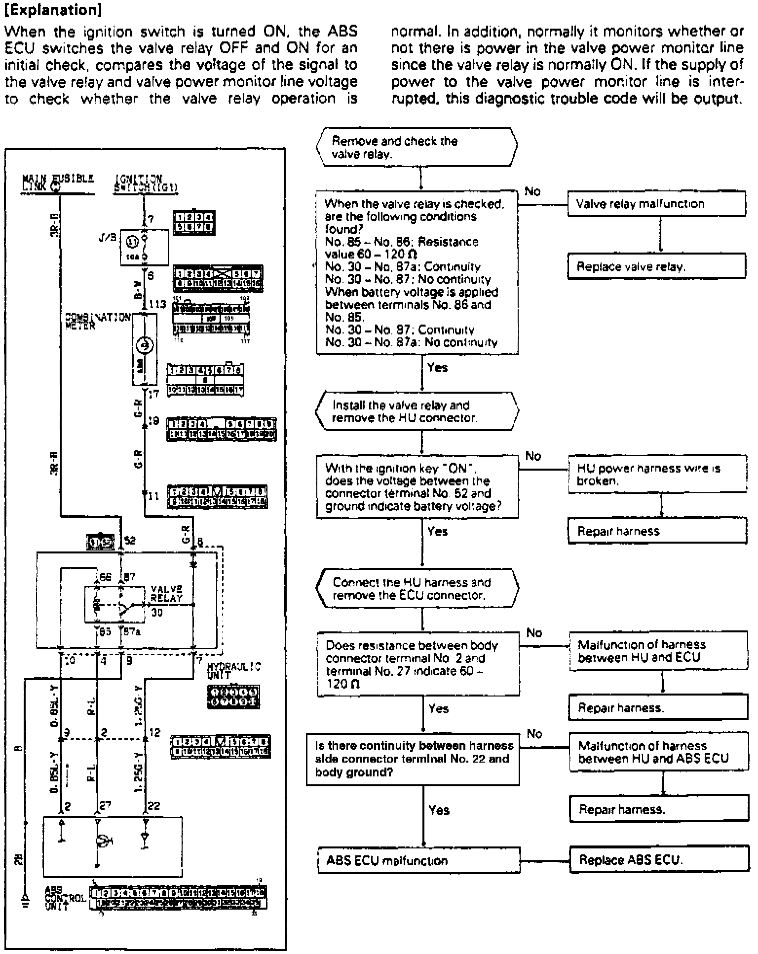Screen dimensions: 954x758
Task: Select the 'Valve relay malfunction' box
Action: [x=656, y=204]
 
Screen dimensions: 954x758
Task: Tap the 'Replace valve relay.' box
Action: [x=656, y=267]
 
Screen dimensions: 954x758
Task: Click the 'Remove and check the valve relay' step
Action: [x=417, y=147]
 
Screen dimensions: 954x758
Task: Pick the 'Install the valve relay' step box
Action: [x=417, y=411]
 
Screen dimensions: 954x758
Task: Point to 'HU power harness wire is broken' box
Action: [x=657, y=474]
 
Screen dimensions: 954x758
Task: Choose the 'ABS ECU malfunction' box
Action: [x=418, y=861]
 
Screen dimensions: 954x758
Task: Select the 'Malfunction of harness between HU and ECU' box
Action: [x=658, y=651]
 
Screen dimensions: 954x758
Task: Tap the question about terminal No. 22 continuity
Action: [x=413, y=759]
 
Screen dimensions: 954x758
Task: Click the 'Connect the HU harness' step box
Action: [x=417, y=588]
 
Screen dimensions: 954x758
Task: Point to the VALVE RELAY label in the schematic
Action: [x=166, y=593]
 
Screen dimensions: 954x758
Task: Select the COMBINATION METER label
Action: [x=97, y=320]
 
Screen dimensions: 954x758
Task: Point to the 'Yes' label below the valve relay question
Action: [x=437, y=367]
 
